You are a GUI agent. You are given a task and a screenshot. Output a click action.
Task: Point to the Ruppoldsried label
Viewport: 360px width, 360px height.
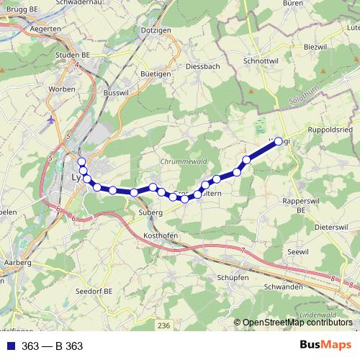(330, 130)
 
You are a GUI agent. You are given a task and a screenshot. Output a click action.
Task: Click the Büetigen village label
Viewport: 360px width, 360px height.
(156, 73)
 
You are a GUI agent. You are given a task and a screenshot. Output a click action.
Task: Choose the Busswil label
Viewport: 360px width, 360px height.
(115, 93)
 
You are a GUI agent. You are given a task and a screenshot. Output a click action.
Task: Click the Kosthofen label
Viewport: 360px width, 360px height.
(161, 236)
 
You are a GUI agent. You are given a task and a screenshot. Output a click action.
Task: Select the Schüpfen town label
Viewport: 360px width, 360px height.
(232, 277)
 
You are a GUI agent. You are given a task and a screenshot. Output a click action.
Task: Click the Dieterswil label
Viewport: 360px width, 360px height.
(331, 227)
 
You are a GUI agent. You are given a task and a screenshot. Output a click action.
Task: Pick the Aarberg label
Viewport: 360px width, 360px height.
(17, 264)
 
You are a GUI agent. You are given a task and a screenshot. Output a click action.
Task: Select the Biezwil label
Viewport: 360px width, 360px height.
(316, 46)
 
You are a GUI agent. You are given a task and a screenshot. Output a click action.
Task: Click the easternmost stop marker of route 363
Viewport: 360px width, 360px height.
(279, 142)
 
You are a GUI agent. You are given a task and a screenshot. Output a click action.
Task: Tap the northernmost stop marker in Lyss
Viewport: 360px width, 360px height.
(81, 162)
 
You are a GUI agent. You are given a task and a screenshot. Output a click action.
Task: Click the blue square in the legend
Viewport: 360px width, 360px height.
(11, 346)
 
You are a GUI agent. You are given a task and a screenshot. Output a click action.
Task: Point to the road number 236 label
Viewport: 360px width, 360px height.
(163, 325)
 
